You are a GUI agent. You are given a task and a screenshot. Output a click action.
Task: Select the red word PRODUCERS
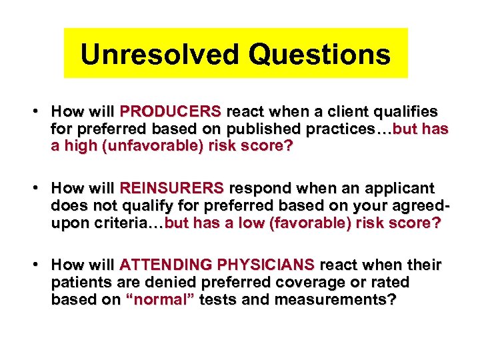click(x=170, y=111)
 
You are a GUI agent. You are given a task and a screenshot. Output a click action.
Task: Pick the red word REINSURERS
click(x=173, y=189)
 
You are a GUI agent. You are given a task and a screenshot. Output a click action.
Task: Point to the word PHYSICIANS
click(x=267, y=266)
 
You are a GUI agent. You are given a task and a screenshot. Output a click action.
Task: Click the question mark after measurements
click(x=393, y=301)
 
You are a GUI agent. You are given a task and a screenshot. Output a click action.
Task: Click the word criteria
click(x=117, y=223)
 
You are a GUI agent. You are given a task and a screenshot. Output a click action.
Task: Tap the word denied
click(x=158, y=283)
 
